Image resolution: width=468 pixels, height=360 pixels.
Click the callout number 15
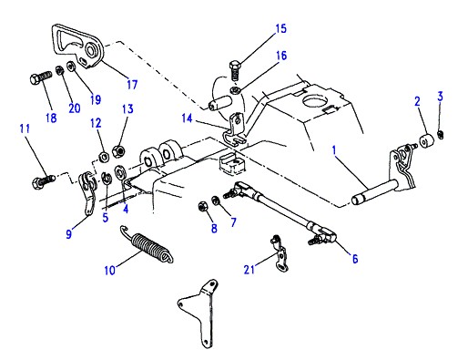(x=281, y=29)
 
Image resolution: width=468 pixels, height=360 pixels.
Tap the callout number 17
(x=132, y=84)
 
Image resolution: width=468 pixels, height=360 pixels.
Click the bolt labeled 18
(x=41, y=77)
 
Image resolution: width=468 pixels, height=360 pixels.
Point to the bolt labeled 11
(x=44, y=180)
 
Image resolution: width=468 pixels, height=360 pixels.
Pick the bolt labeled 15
(x=235, y=69)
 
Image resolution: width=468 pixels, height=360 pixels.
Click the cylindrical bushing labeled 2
(x=427, y=140)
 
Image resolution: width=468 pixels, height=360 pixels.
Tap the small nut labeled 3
(x=441, y=134)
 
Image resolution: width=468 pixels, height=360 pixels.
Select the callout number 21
(x=249, y=269)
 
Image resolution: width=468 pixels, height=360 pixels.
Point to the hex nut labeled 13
(x=117, y=150)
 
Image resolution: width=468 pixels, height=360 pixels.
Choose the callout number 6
(x=355, y=259)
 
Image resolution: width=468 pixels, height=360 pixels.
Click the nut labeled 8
(x=201, y=206)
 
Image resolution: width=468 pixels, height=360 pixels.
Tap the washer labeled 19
(x=72, y=67)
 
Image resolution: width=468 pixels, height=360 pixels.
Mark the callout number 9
(x=69, y=234)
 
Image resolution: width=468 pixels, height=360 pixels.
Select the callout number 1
(x=334, y=150)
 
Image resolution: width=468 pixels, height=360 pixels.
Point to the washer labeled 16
(x=234, y=90)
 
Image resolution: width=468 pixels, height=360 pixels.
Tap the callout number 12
(x=96, y=123)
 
